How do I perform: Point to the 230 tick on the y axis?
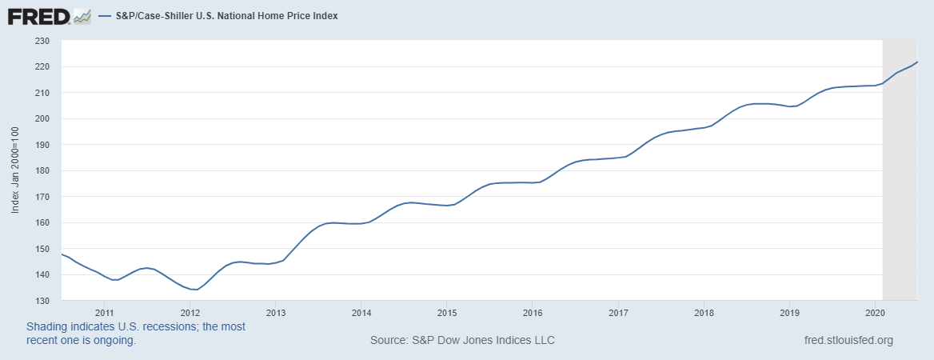point(42,41)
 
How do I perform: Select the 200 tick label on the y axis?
point(42,119)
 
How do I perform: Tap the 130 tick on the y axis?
point(42,301)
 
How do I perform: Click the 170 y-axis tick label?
point(42,197)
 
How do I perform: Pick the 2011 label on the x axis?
point(105,313)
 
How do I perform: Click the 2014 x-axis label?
point(361,313)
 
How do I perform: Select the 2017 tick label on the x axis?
point(618,313)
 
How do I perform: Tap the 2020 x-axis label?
point(875,313)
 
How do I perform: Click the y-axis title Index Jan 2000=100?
point(15,170)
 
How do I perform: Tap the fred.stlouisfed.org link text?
point(848,341)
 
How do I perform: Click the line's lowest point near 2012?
point(194,290)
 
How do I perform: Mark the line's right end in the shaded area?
point(917,62)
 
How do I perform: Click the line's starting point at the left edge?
point(62,254)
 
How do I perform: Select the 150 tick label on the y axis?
point(42,249)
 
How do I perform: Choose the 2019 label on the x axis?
point(789,313)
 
